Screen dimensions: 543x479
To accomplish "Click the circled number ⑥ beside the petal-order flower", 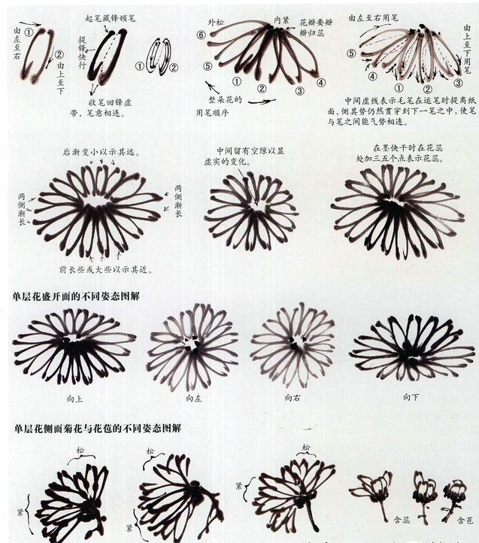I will (x=201, y=35).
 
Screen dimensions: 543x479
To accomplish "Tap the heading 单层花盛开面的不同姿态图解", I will (x=76, y=296).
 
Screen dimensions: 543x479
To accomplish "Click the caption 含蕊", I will (x=402, y=519).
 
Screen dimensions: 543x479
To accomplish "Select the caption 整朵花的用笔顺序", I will (x=217, y=106).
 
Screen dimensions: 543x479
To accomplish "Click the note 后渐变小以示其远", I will (x=100, y=152).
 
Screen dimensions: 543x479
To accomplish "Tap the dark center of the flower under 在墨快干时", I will (x=394, y=204).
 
